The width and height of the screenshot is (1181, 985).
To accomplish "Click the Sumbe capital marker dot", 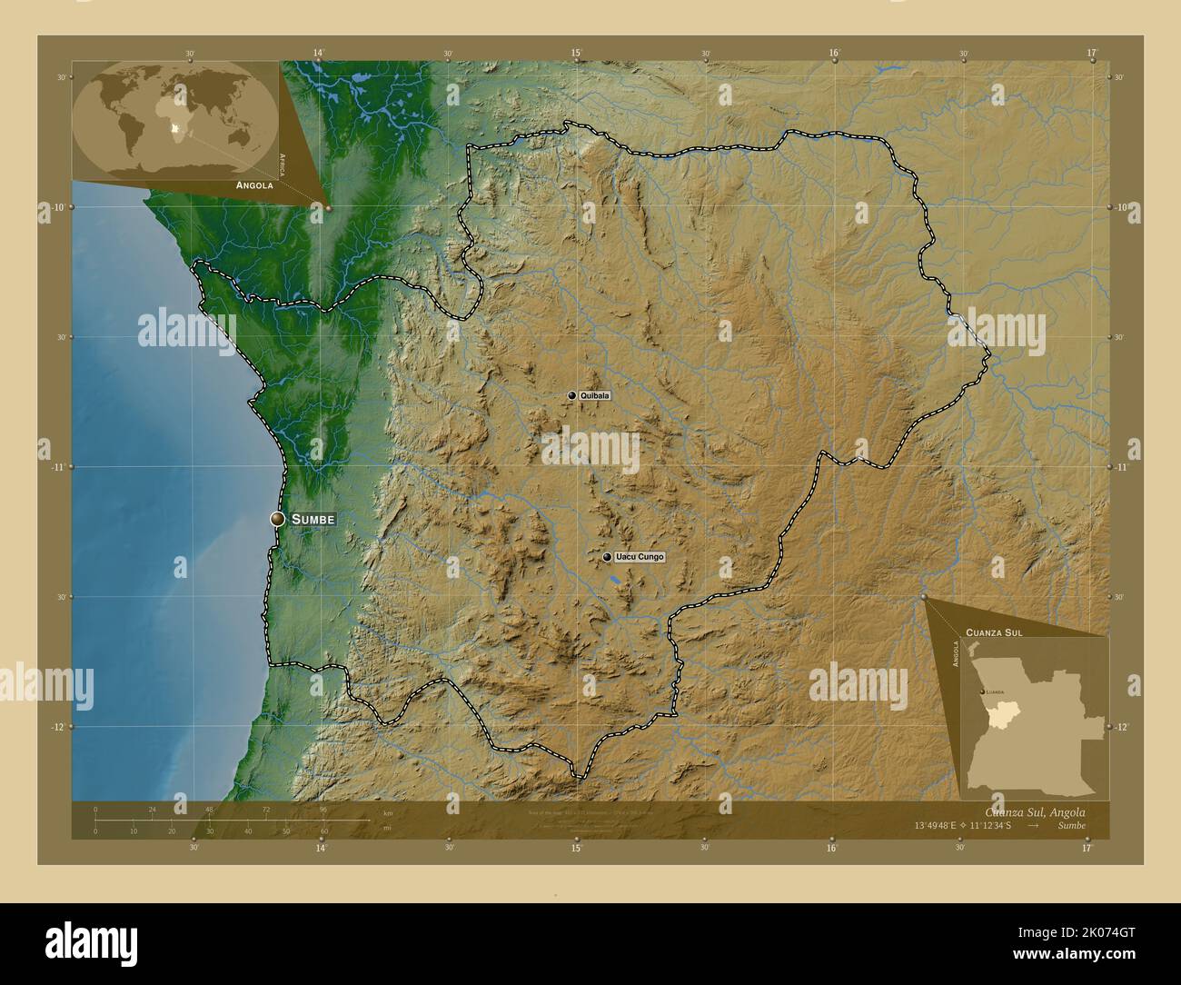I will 277,518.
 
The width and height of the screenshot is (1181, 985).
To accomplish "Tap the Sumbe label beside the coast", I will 313,519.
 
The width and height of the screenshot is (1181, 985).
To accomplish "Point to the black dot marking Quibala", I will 571,396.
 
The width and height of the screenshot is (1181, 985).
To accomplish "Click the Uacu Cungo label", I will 639,557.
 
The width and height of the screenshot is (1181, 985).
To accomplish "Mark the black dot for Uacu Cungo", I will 607,557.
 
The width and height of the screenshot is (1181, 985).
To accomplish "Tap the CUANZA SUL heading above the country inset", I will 995,632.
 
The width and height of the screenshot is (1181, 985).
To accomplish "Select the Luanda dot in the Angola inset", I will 980,692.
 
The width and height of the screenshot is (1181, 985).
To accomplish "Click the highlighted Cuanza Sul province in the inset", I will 997,715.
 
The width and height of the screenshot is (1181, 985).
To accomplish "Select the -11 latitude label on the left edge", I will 55,467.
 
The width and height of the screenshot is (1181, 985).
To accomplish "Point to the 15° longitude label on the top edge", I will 576,54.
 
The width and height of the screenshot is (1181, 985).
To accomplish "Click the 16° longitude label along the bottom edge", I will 832,847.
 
